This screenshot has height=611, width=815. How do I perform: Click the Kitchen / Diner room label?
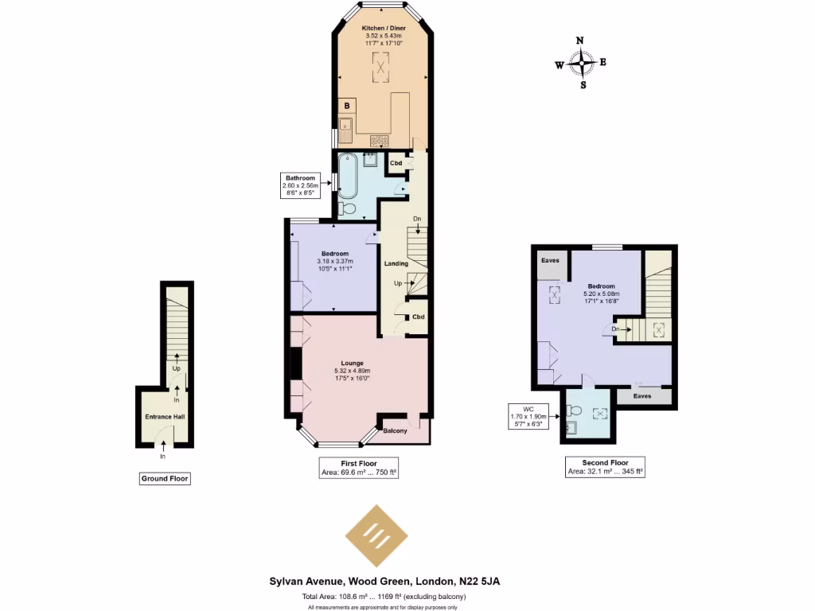click(380, 28)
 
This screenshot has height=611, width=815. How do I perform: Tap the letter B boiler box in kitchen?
click(347, 105)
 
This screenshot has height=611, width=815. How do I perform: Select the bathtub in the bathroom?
click(348, 176)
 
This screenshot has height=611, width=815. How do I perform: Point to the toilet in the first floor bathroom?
click(346, 208)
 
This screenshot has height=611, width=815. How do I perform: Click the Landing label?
click(396, 263)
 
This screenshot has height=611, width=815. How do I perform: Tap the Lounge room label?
click(352, 363)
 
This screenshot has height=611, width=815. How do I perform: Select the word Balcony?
click(395, 431)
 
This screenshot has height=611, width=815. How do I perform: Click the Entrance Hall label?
click(164, 416)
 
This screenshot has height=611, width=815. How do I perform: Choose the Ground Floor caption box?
click(166, 479)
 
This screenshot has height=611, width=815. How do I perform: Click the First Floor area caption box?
click(358, 468)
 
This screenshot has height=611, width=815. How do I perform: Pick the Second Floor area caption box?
click(606, 468)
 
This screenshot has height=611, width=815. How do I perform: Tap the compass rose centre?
click(583, 63)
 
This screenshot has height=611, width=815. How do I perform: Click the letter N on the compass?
click(580, 41)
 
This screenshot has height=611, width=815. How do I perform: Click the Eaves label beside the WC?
click(642, 395)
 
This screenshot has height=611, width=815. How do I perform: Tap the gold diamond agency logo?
click(380, 535)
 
